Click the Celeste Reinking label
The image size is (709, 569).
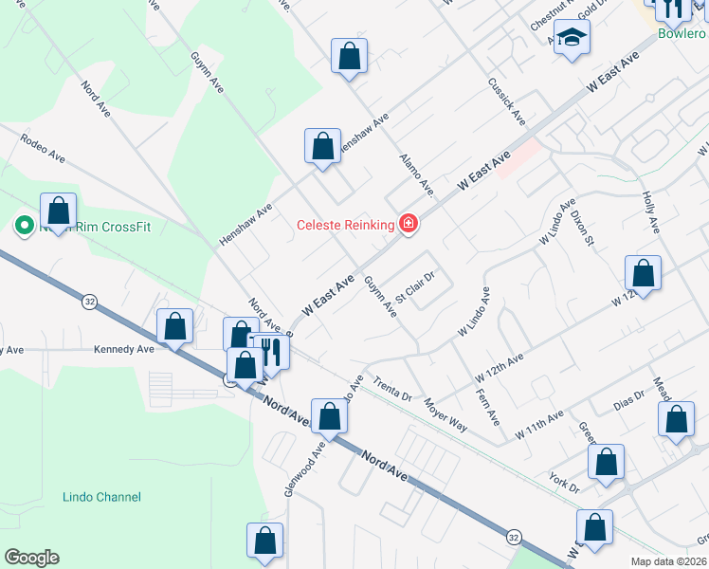[x=345, y=225]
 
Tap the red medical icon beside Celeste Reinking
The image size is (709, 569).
[x=409, y=224]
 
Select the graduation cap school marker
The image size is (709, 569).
[x=572, y=39]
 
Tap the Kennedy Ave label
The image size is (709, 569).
[x=123, y=349]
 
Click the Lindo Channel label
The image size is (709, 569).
[x=101, y=497]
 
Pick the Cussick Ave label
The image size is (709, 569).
[x=507, y=102]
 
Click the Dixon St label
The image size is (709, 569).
[x=582, y=228]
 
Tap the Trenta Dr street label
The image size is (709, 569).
[x=392, y=389]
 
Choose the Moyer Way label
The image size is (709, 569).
[x=445, y=414]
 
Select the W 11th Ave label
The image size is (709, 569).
[x=539, y=423]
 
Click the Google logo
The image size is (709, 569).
[x=31, y=558]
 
